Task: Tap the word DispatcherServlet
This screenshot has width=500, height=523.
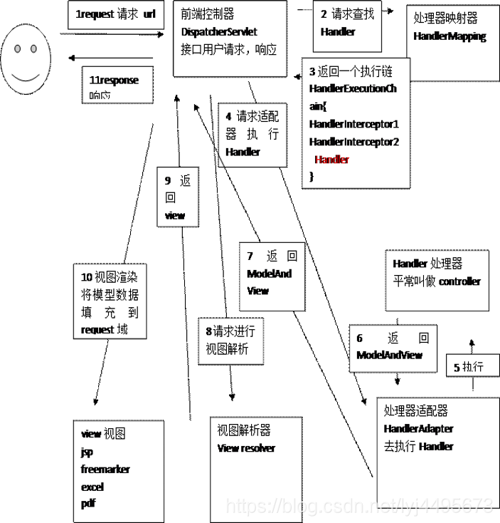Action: [218, 33]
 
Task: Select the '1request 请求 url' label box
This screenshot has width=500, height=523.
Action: [115, 14]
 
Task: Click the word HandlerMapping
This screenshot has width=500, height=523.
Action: [450, 37]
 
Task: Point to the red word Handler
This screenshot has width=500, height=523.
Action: [331, 160]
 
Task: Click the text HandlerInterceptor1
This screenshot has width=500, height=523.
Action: [354, 124]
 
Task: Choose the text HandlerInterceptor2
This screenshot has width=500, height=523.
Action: [354, 142]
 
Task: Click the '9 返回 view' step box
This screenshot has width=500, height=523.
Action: [178, 196]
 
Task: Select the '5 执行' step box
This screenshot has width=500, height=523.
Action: [469, 368]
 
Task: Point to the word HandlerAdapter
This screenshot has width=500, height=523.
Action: [418, 429]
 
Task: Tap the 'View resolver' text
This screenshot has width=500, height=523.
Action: [246, 448]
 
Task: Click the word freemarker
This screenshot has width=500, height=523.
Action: [105, 470]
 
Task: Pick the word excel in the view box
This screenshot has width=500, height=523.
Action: [92, 487]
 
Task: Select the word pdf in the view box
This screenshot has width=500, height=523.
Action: [88, 504]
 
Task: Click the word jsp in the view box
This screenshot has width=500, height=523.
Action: [87, 452]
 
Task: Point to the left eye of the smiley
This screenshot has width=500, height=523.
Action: [19, 50]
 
